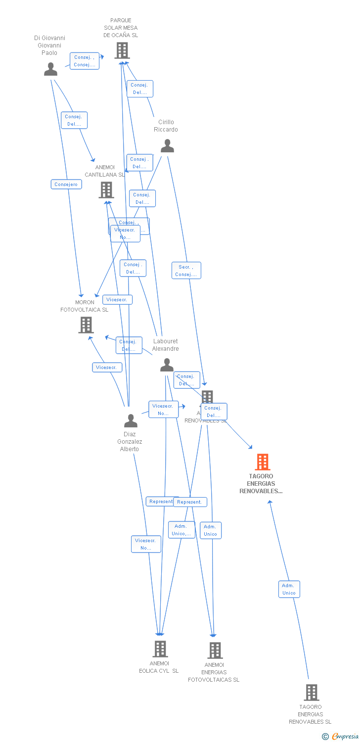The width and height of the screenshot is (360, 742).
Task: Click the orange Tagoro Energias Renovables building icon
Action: (x=263, y=462)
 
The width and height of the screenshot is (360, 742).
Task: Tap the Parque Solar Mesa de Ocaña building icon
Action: (x=122, y=50)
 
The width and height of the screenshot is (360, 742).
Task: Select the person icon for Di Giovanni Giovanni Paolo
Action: (x=50, y=69)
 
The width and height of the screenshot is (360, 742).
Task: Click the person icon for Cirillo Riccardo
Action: (x=168, y=146)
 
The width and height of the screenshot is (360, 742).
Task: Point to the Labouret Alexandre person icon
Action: (x=167, y=365)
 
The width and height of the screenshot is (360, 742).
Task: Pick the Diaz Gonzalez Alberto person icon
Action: (x=131, y=421)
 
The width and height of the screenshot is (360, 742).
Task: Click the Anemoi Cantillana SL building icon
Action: (x=106, y=190)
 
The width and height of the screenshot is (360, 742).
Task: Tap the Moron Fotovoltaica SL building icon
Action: (x=86, y=325)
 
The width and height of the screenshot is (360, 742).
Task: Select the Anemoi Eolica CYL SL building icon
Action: (x=160, y=649)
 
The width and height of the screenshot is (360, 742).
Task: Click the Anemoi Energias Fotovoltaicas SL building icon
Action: (x=215, y=650)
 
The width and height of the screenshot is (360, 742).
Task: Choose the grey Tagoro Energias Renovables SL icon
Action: (x=311, y=693)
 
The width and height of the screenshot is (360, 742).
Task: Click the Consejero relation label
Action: (x=66, y=185)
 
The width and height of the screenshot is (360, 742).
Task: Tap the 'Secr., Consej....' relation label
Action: (x=186, y=271)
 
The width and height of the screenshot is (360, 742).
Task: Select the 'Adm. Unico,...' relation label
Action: (x=181, y=530)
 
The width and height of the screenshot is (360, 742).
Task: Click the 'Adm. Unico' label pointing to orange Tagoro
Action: (x=289, y=589)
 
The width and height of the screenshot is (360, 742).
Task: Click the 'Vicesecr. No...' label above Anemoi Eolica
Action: (x=146, y=544)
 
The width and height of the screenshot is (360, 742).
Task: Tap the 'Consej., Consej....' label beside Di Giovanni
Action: (x=84, y=61)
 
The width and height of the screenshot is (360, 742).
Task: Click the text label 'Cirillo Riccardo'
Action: (x=166, y=126)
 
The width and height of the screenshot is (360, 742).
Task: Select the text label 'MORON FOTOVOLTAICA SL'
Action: (x=85, y=306)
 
